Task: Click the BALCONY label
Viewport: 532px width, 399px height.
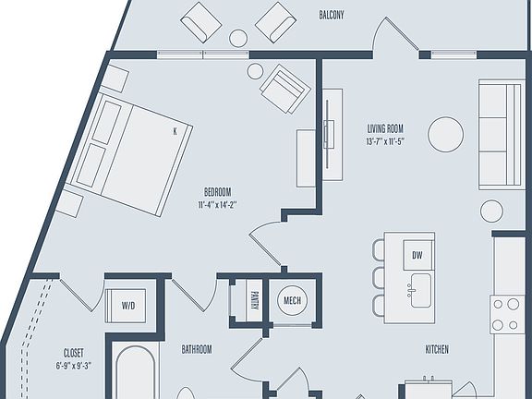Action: click(332, 16)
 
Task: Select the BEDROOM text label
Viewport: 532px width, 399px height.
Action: click(217, 192)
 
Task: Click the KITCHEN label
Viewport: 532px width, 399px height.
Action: click(437, 349)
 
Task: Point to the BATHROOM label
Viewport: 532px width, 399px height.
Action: click(196, 349)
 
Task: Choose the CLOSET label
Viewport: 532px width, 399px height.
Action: click(74, 352)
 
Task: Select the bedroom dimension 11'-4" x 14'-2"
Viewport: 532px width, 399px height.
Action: click(218, 205)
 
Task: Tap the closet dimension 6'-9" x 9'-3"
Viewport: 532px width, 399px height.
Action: click(74, 366)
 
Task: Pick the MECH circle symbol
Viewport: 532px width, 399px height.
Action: click(293, 301)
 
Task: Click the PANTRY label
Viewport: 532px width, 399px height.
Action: click(255, 301)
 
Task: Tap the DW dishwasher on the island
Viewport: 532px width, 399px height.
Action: click(417, 254)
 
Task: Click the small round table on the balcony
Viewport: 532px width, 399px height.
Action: click(238, 38)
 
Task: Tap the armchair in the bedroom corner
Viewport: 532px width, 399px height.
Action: click(284, 90)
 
